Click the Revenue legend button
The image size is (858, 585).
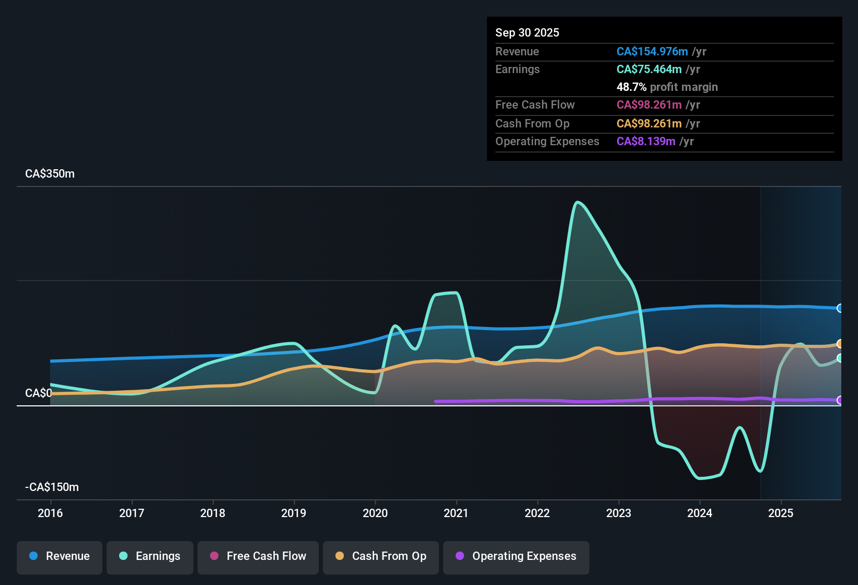click(x=60, y=556)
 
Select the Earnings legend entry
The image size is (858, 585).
click(x=150, y=556)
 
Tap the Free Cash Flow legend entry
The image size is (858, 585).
click(x=258, y=556)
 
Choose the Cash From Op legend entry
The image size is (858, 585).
click(x=381, y=556)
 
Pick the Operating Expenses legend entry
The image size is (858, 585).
click(x=516, y=556)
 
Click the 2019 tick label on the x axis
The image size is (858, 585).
click(x=294, y=513)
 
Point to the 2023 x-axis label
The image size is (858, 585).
click(x=619, y=513)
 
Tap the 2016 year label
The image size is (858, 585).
click(x=50, y=513)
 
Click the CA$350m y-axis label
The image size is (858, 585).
click(x=50, y=174)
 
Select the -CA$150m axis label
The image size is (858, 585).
click(x=52, y=487)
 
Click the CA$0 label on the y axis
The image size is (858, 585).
click(x=38, y=393)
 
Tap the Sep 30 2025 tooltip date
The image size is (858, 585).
click(x=527, y=33)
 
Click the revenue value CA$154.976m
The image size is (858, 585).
click(x=652, y=52)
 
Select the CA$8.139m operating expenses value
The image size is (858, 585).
click(x=645, y=142)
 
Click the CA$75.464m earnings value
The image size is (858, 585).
click(x=648, y=69)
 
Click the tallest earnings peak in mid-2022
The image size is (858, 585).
click(x=577, y=202)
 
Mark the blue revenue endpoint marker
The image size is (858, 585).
click(x=840, y=308)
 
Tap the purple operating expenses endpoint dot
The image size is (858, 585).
click(x=840, y=400)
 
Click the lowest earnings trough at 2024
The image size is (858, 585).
click(x=700, y=478)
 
